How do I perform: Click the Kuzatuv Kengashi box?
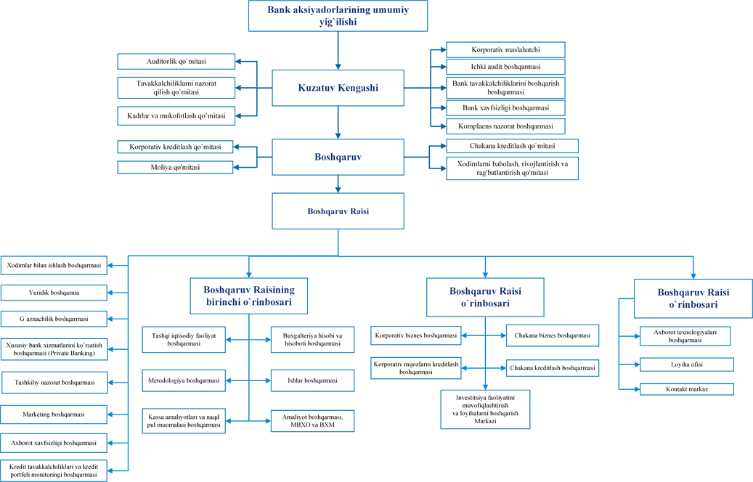pyautogui.click(x=338, y=88)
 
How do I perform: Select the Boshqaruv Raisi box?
pyautogui.click(x=338, y=211)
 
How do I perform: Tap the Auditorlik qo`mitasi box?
pyautogui.click(x=176, y=62)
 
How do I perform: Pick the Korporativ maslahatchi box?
pyautogui.click(x=505, y=49)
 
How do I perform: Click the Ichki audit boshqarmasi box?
pyautogui.click(x=505, y=67)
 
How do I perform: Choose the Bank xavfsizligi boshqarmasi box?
pyautogui.click(x=505, y=108)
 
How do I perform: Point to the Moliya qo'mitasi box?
pyautogui.click(x=175, y=167)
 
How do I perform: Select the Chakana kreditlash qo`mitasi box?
pyautogui.click(x=513, y=146)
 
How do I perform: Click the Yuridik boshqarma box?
pyautogui.click(x=54, y=293)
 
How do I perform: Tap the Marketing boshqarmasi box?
pyautogui.click(x=54, y=414)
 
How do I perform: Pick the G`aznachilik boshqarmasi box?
pyautogui.click(x=54, y=319)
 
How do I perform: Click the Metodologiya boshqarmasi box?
pyautogui.click(x=184, y=380)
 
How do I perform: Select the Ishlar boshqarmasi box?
pyautogui.click(x=313, y=380)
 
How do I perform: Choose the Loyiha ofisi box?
pyautogui.click(x=687, y=364)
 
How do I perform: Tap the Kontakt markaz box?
pyautogui.click(x=687, y=389)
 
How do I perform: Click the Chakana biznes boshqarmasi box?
pyautogui.click(x=553, y=335)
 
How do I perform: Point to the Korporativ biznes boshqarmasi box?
pyautogui.click(x=416, y=335)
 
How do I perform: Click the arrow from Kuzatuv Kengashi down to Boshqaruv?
pyautogui.click(x=338, y=123)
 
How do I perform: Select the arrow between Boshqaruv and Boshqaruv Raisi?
pyautogui.click(x=338, y=184)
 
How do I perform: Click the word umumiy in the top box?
pyautogui.click(x=391, y=10)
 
